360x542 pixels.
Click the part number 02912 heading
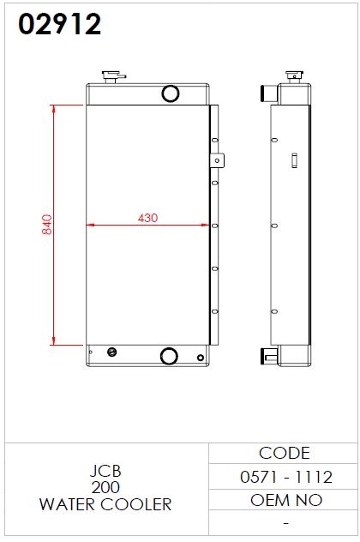tap(59, 24)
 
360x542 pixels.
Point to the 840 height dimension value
tap(47, 225)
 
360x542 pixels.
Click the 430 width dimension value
tap(147, 218)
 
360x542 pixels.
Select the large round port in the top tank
tap(171, 93)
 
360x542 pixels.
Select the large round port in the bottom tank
tap(169, 356)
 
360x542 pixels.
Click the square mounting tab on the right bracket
tap(217, 160)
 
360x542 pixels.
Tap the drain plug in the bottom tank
tap(112, 352)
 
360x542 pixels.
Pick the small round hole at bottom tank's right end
tap(201, 358)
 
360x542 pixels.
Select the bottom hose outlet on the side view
tap(269, 356)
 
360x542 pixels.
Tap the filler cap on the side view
tap(294, 76)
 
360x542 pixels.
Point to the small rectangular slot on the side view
tap(294, 160)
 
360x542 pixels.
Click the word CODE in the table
tap(285, 453)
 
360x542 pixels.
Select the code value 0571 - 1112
tap(286, 477)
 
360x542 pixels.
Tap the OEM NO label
tap(286, 500)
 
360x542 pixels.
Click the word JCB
tap(105, 471)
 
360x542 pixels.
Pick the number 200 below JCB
tap(105, 487)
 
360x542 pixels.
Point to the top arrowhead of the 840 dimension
tap(53, 109)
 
